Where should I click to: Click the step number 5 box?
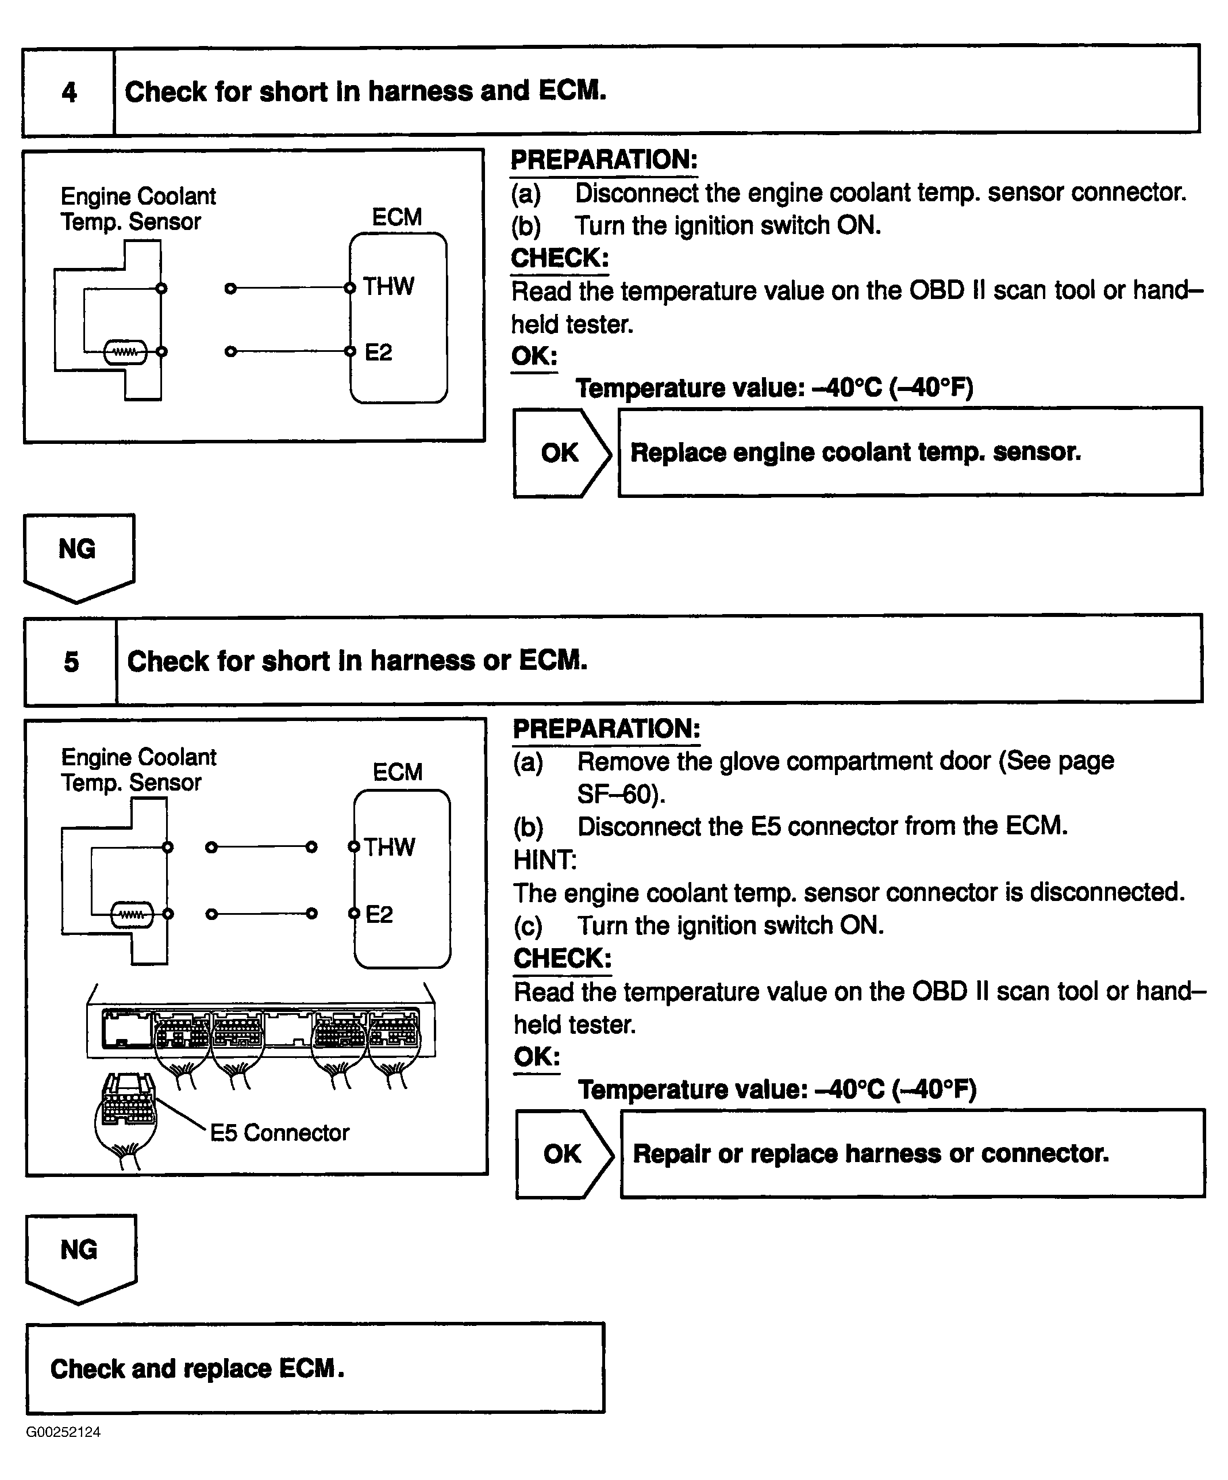tap(71, 661)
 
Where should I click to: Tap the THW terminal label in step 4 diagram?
tap(388, 287)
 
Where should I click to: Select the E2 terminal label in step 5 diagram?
tap(379, 914)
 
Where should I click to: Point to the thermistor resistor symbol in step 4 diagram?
tap(125, 352)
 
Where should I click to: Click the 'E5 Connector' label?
tap(280, 1133)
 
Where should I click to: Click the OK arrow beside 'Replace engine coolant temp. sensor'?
tap(561, 453)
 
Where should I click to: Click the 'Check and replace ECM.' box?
tap(315, 1368)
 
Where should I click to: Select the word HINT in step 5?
tap(545, 860)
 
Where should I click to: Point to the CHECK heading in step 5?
tap(562, 958)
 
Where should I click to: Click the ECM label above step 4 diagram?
tap(396, 217)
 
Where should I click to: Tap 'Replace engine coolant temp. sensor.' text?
tap(855, 453)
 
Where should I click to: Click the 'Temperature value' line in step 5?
tap(777, 1090)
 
